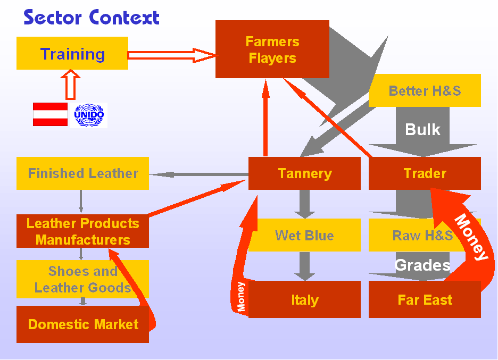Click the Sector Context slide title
point(92,17)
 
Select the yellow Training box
point(72,53)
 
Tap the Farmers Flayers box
point(272,49)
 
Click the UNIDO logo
point(89,115)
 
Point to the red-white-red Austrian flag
point(50,114)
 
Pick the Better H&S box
point(425,90)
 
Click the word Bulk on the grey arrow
point(422,129)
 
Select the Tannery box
point(304,173)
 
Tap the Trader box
point(425,173)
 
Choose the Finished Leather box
point(82,173)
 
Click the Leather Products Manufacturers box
point(82,231)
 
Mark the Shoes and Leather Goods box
point(82,279)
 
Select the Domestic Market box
point(82,324)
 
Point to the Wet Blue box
point(304,235)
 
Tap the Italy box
point(304,299)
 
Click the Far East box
point(425,299)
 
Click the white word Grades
point(422,264)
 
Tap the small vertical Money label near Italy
point(241,296)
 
